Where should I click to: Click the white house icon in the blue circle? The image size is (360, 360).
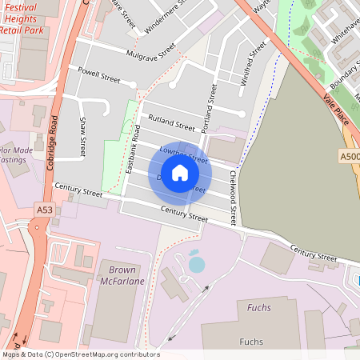tap(180, 172)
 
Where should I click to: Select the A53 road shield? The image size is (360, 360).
tap(45, 210)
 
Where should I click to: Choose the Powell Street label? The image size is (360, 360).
tap(94, 75)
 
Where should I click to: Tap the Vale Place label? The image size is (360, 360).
tap(336, 108)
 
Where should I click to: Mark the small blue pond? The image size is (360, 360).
tap(196, 263)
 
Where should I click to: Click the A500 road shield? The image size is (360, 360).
tap(350, 157)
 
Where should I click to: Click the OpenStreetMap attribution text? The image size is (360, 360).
tap(81, 354)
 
